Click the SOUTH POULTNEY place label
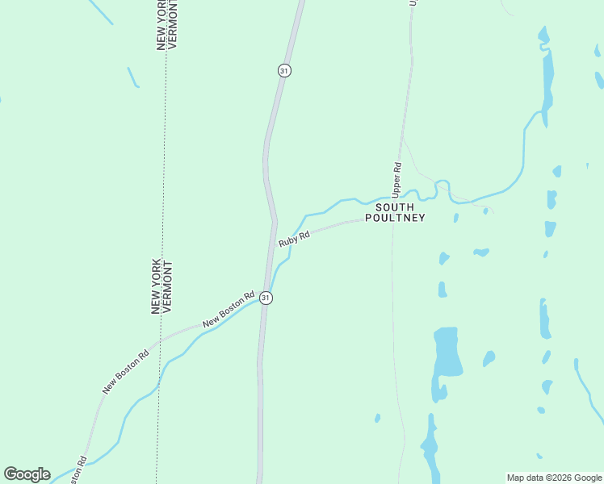click(x=395, y=212)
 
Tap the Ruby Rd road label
click(x=295, y=239)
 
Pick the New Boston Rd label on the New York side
click(x=126, y=371)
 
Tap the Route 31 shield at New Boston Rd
click(x=266, y=298)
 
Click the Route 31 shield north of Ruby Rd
click(x=283, y=70)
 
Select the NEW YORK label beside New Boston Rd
click(x=156, y=286)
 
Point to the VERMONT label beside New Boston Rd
click(x=168, y=286)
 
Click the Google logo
click(x=27, y=474)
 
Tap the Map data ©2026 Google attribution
click(x=554, y=478)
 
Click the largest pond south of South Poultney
click(x=447, y=353)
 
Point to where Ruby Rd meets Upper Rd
click(x=393, y=218)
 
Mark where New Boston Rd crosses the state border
click(x=160, y=340)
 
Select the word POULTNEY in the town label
click(x=395, y=218)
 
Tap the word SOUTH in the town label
click(x=395, y=207)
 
